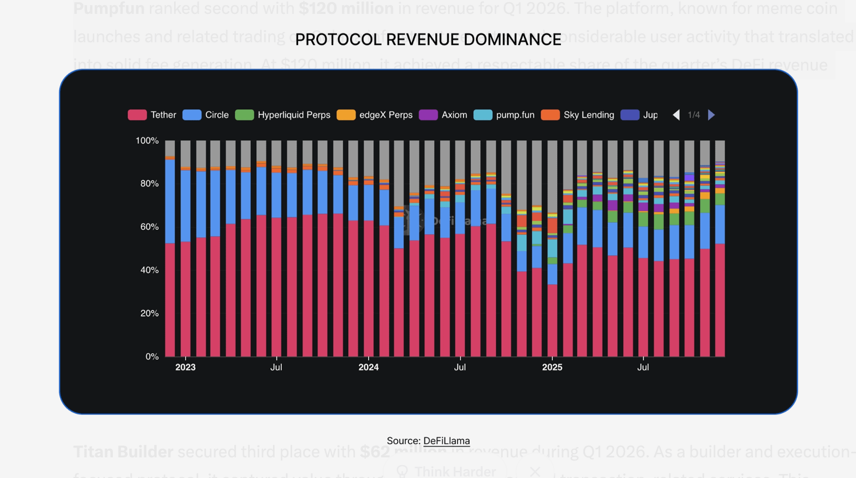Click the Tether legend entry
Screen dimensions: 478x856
point(152,115)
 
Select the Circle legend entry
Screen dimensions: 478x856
point(206,115)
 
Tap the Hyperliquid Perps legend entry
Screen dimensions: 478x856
point(283,115)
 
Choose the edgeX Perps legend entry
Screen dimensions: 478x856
point(375,115)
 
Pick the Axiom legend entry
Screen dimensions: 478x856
point(443,115)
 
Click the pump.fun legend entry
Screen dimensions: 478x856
point(504,115)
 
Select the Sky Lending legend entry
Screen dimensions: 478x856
point(578,115)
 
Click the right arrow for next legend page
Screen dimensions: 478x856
point(711,115)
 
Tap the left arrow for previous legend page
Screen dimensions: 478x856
point(676,115)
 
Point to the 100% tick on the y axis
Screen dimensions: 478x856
point(147,141)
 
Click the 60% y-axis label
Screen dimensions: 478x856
point(149,227)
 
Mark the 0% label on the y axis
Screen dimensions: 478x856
point(152,356)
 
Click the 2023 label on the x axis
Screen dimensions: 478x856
point(185,367)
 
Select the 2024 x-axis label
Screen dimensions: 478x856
point(368,367)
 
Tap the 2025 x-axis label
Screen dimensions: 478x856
point(552,367)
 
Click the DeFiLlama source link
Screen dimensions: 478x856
point(447,441)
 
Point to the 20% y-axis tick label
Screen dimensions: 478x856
point(149,313)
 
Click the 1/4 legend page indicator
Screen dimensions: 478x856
point(694,115)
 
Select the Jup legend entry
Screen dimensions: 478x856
point(640,115)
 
